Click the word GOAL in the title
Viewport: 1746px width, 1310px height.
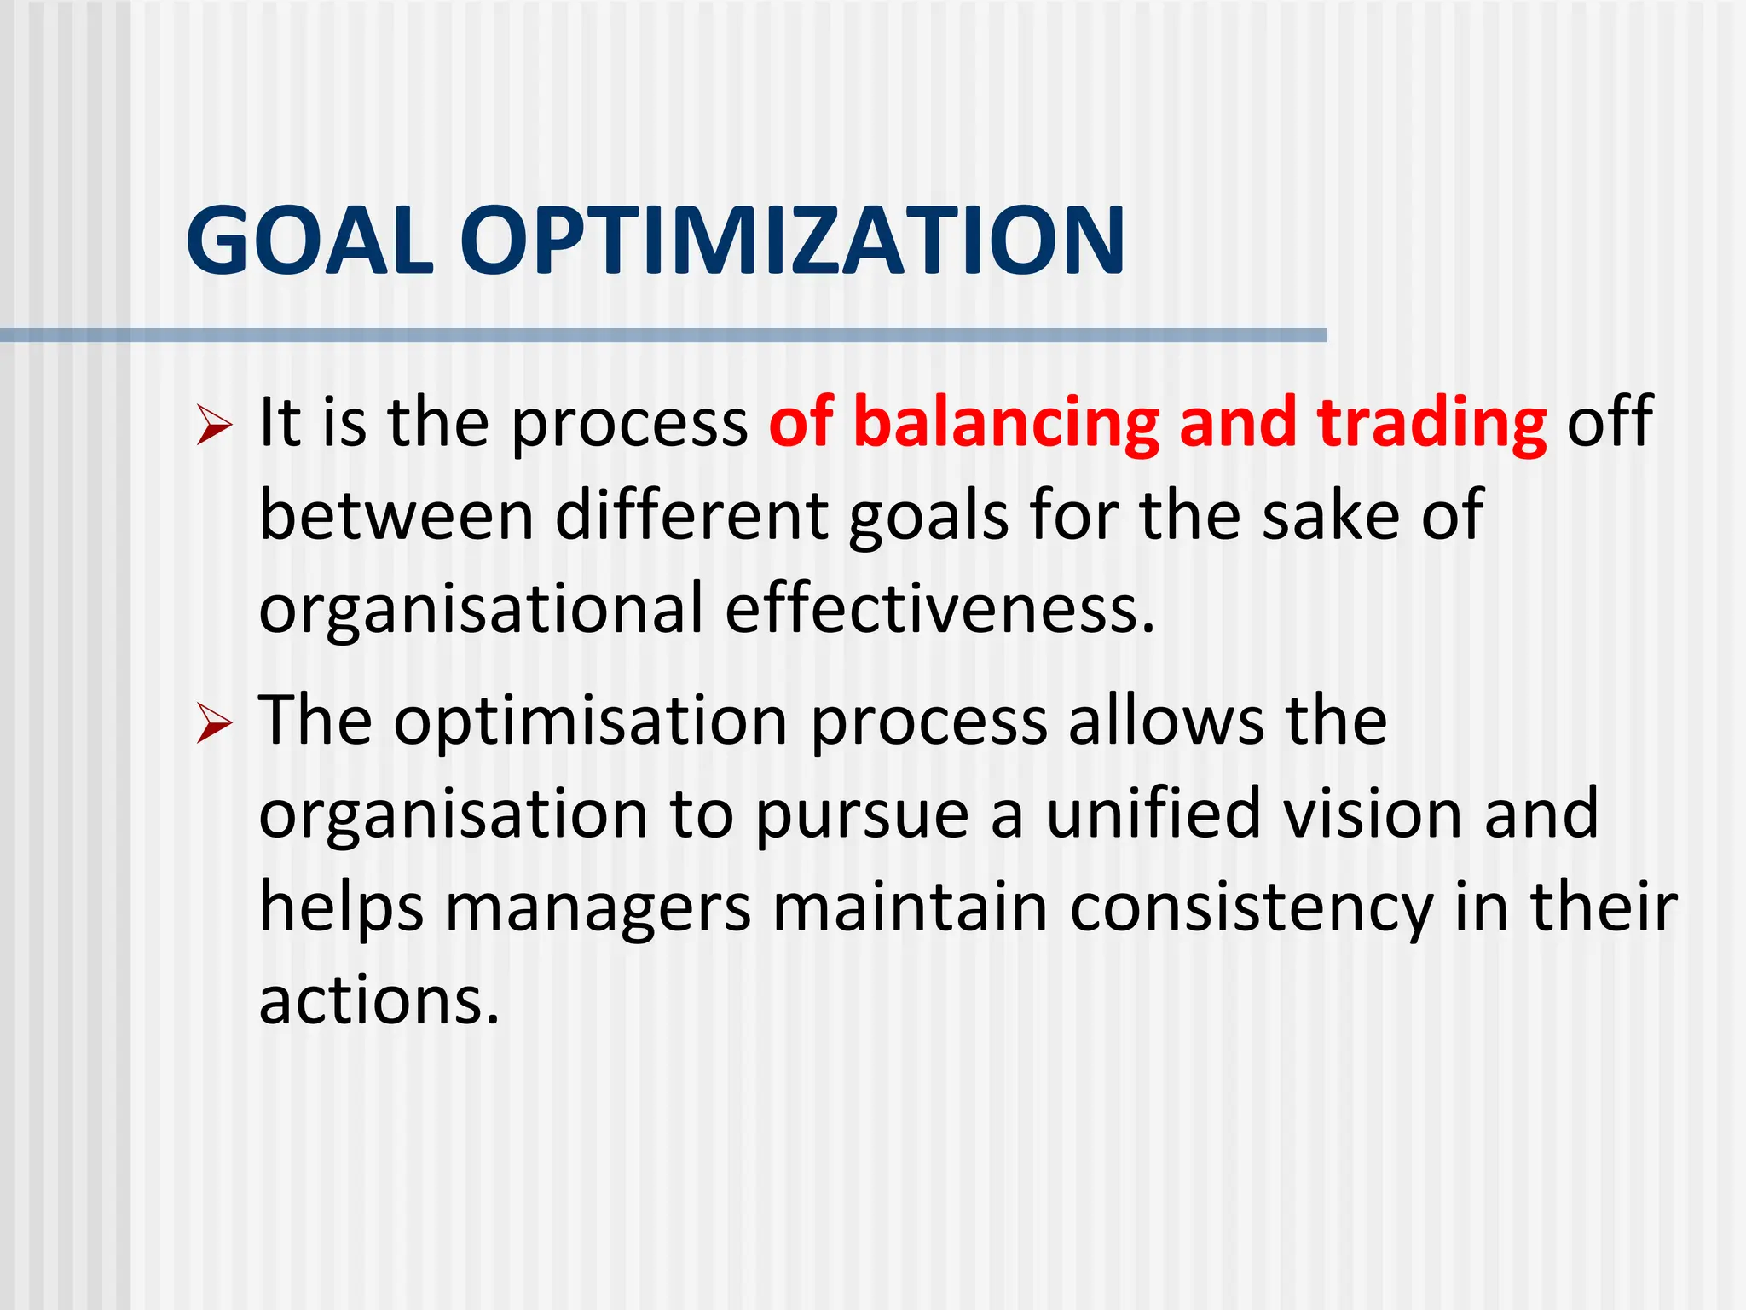tap(309, 241)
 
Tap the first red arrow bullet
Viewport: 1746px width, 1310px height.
tap(213, 424)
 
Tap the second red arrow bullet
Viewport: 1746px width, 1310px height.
tap(213, 723)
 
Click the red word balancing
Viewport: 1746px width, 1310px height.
tap(1006, 422)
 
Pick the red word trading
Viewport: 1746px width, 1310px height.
tap(1431, 422)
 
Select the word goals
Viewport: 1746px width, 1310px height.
tap(928, 517)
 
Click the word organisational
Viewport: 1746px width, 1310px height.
tap(481, 609)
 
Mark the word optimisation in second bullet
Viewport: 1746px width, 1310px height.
tap(590, 722)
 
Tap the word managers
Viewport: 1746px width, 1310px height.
tap(598, 908)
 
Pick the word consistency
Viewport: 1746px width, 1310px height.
tap(1251, 908)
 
